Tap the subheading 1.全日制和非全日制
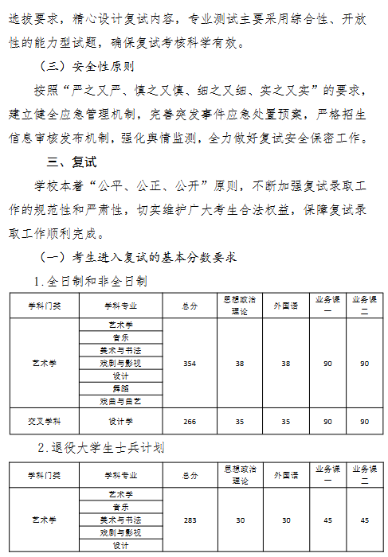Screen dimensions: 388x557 pos(90,280)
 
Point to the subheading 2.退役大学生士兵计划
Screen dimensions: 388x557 pos(102,448)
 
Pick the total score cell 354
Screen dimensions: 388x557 pos(190,363)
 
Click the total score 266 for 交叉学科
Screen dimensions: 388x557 pos(190,421)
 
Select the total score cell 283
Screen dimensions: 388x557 pos(190,520)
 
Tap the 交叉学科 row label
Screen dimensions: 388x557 pos(45,421)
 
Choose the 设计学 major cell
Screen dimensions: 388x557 pos(121,421)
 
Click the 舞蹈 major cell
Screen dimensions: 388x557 pos(121,388)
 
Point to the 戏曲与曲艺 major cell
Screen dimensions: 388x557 pos(121,401)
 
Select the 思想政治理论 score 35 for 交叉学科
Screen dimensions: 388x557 pos(240,421)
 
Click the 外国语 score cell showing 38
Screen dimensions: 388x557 pos(286,363)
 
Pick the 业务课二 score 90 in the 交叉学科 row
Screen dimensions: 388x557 pos(364,421)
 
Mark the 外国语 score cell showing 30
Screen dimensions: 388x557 pos(286,520)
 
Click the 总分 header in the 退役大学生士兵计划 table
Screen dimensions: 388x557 pos(190,475)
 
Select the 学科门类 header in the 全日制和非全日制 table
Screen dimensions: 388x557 pos(45,306)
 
